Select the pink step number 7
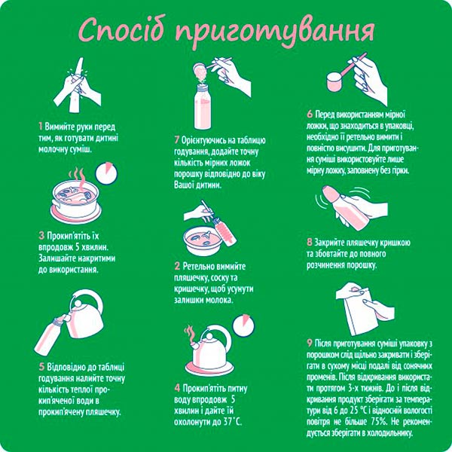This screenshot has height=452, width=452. (176, 140)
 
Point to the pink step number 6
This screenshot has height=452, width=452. (309, 115)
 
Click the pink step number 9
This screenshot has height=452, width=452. (310, 341)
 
